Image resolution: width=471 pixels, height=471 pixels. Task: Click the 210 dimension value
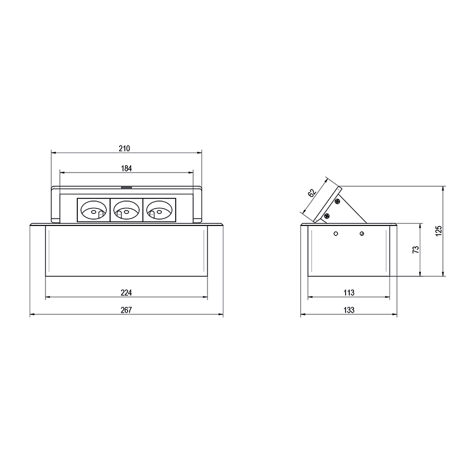(x=124, y=148)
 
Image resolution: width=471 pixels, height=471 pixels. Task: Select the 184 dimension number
(x=126, y=168)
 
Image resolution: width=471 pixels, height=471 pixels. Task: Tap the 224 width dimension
(x=126, y=293)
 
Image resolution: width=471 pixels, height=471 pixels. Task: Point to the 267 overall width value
(x=126, y=310)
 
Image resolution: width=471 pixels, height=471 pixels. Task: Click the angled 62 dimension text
(x=312, y=193)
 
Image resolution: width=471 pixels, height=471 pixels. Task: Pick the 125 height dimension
(x=439, y=231)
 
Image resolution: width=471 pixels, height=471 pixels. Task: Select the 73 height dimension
(x=416, y=250)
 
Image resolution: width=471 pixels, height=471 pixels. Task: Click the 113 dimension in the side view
(x=349, y=293)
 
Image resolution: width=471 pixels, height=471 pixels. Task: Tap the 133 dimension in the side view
(x=349, y=310)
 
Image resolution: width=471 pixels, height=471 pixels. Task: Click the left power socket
(x=94, y=210)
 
